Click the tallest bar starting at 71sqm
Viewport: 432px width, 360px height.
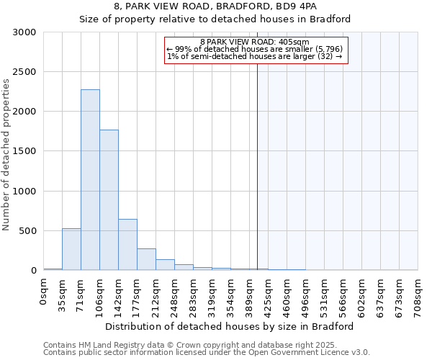(90, 180)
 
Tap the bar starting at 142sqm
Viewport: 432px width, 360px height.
(127, 245)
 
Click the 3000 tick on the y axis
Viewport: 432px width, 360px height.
(25, 32)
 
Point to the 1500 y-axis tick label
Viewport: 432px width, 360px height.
(25, 151)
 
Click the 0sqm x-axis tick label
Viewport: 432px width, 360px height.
(43, 292)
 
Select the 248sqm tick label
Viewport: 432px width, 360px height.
(174, 294)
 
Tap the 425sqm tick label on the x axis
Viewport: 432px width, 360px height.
(268, 294)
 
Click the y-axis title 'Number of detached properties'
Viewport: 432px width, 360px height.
(6, 156)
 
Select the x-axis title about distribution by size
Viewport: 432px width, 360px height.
(234, 326)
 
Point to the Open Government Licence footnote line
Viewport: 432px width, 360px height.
(207, 353)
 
